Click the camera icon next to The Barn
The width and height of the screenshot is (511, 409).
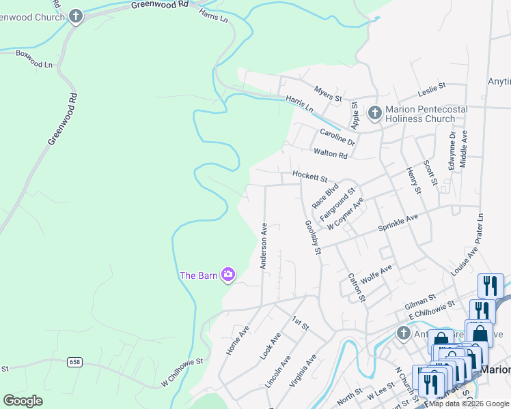228,275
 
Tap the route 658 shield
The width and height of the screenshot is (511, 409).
74,362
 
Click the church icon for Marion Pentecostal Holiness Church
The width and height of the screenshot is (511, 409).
374,112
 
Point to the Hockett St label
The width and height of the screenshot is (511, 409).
310,175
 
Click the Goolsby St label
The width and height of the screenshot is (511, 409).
312,237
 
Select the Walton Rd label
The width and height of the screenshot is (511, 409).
330,153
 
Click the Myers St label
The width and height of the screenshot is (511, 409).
328,94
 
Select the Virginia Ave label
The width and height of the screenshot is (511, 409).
303,371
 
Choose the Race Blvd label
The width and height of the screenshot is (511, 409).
325,195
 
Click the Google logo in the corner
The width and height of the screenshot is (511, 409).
23,401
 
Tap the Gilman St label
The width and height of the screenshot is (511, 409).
420,299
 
